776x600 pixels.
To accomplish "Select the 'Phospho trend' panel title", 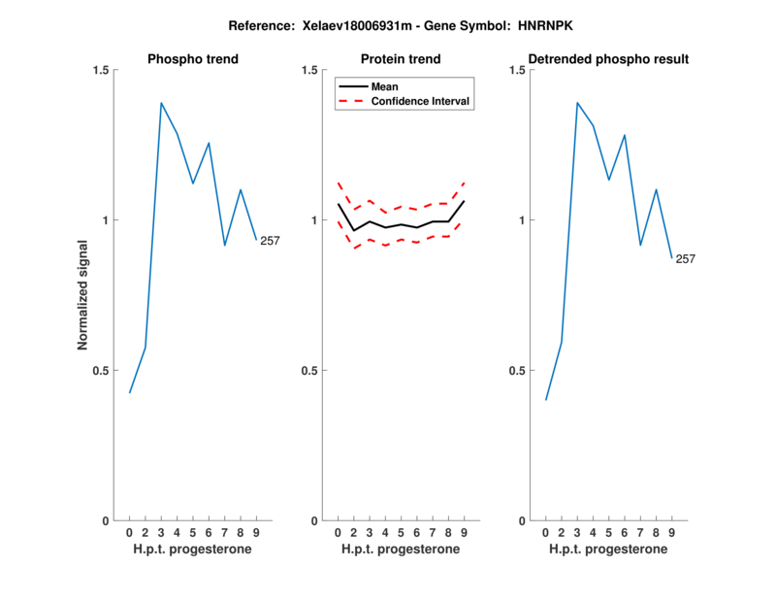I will tap(193, 59).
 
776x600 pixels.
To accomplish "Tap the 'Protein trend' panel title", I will tap(402, 59).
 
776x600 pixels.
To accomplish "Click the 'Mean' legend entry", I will tap(385, 86).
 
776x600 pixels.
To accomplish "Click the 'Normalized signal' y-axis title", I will tap(83, 295).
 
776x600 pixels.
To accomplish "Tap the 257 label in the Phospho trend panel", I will tap(269, 241).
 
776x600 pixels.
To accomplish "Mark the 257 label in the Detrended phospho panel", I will tap(686, 259).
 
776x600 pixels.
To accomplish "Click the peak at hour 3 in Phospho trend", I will tap(161, 103).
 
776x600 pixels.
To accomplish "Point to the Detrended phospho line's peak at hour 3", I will tap(577, 102).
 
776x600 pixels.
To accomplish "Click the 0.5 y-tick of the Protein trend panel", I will tap(309, 371).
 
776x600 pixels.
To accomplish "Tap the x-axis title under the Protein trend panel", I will tap(401, 550).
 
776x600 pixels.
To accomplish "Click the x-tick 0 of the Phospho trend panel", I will tap(129, 532).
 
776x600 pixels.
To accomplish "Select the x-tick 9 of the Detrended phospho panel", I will tap(671, 532).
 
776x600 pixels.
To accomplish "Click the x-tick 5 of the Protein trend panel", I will tap(401, 532).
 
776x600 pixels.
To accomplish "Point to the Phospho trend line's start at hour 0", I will tap(130, 392).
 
